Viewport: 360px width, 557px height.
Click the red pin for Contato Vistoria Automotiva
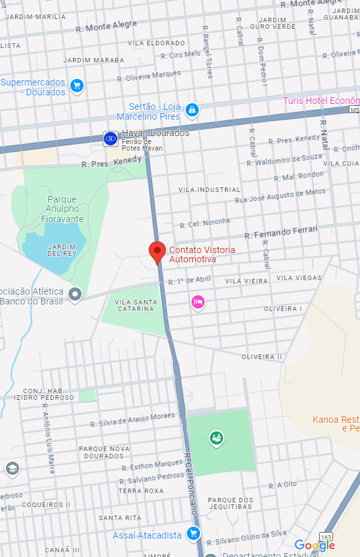(x=157, y=252)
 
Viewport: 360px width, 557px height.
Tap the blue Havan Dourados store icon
(x=111, y=138)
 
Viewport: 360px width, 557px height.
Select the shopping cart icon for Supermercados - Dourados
(x=77, y=85)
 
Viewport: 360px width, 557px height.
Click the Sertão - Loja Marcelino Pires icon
(x=192, y=109)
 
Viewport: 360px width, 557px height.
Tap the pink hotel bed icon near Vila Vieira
(x=197, y=302)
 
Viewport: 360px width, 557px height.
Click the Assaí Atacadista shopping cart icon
(x=193, y=533)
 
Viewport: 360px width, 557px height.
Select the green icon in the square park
(x=216, y=437)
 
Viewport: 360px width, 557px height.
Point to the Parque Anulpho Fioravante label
(x=62, y=208)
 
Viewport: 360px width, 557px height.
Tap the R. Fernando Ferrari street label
(x=281, y=231)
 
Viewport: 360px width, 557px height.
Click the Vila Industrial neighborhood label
(x=209, y=189)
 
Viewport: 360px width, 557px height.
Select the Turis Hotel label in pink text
(x=321, y=101)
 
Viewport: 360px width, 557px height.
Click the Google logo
(x=315, y=545)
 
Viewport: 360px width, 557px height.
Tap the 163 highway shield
(x=326, y=535)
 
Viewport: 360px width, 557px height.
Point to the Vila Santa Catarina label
(x=135, y=305)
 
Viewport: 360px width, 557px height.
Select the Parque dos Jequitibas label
(x=230, y=504)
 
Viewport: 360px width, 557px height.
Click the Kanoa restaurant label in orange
(x=336, y=424)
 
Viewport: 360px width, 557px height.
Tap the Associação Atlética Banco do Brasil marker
(x=76, y=294)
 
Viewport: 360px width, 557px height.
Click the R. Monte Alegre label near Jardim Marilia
(x=107, y=26)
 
